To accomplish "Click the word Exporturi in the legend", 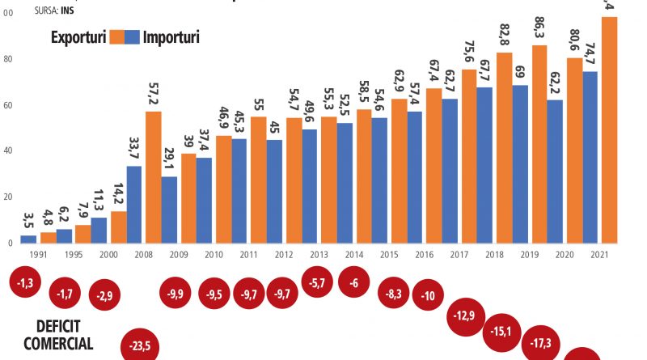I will (80, 36).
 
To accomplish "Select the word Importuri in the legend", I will (171, 36).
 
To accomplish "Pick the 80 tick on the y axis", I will (6, 60).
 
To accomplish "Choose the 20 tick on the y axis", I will (6, 197).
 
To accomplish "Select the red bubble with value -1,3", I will (27, 284).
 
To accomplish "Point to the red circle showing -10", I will (429, 295).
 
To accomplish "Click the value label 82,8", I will (505, 36).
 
